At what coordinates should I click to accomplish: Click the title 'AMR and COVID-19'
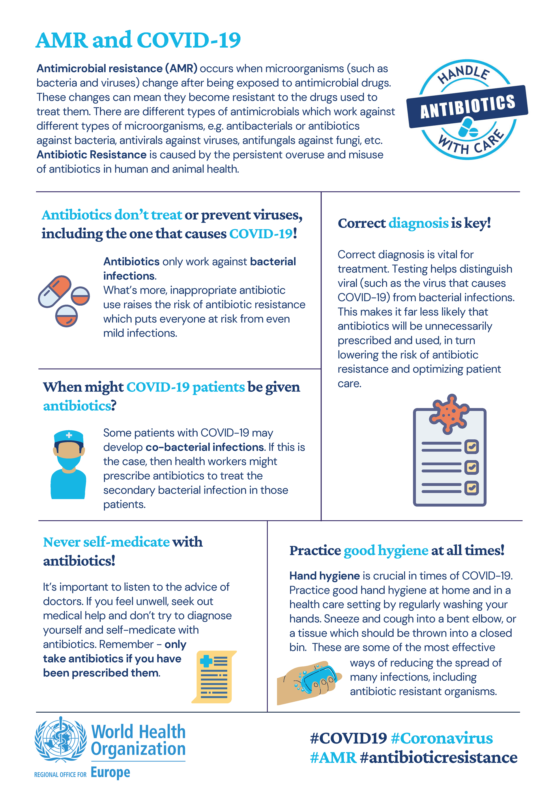point(138,40)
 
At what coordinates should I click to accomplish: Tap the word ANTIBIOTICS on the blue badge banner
point(467,107)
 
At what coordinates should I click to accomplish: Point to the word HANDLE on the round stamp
point(464,74)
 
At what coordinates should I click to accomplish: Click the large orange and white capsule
point(55,291)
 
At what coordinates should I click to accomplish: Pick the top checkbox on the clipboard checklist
point(471,446)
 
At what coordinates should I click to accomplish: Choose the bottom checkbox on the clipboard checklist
point(471,488)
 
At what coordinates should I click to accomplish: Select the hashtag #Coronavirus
point(441,738)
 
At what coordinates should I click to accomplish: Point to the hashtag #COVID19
point(348,738)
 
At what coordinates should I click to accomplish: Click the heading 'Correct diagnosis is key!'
point(414,223)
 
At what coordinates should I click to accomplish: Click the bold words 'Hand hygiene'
point(324,576)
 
